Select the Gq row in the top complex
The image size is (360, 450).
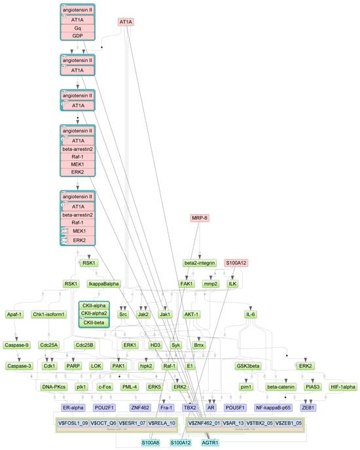(x=78, y=28)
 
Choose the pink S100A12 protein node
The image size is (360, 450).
(x=237, y=263)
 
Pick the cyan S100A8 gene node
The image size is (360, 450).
(x=153, y=442)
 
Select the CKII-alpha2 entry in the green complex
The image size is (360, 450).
(x=94, y=313)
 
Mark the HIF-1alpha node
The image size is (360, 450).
(x=343, y=387)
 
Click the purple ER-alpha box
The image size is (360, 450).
(x=75, y=407)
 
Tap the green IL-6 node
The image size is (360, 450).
(x=250, y=314)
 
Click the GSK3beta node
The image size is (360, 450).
(x=249, y=366)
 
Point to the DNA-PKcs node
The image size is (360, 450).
(x=53, y=387)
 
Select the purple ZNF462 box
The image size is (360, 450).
(x=141, y=407)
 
